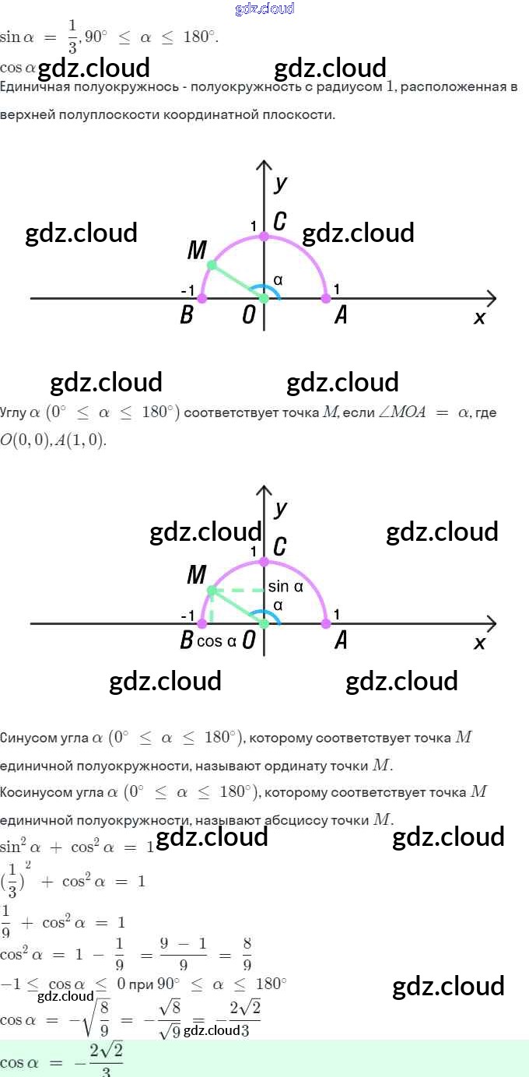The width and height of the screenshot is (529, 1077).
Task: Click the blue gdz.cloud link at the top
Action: (x=264, y=9)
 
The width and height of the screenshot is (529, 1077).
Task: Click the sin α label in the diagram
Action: (x=286, y=588)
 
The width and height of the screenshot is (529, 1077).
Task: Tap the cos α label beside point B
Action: (x=216, y=642)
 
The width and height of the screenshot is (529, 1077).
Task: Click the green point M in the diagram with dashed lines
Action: (x=212, y=591)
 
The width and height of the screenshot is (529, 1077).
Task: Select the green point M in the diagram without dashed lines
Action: (x=212, y=265)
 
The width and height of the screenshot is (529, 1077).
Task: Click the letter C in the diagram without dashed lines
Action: (x=279, y=222)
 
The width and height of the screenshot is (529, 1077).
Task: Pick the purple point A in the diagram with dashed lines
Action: (x=326, y=623)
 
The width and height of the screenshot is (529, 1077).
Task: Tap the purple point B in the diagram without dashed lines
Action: (x=202, y=298)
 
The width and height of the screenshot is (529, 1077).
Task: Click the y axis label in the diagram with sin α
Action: (x=281, y=508)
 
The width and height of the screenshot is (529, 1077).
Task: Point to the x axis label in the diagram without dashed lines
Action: (x=479, y=317)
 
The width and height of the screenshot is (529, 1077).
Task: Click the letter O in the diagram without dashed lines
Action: (x=249, y=317)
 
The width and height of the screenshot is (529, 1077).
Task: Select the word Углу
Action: (x=14, y=412)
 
